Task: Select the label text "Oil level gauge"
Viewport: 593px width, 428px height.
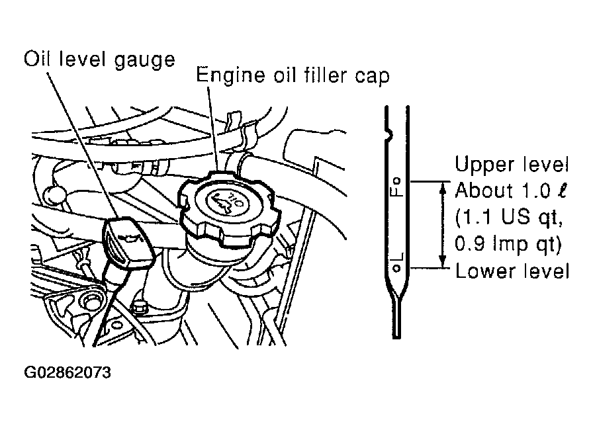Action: [100, 60]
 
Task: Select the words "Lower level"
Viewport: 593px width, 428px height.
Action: [512, 272]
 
